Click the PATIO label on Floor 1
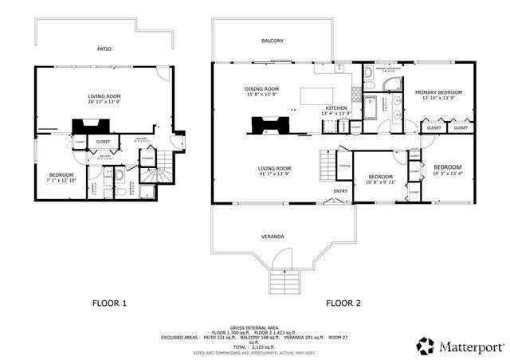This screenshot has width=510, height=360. tap(104, 49)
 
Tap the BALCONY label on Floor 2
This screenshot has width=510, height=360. tap(273, 41)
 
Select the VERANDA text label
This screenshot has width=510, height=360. tap(273, 237)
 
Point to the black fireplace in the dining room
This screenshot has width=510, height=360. tap(266, 124)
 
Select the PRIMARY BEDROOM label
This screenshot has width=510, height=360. tap(439, 93)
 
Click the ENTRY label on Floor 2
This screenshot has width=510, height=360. tap(340, 191)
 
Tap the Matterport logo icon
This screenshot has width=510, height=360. tap(426, 345)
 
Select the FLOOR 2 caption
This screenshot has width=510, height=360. tap(343, 303)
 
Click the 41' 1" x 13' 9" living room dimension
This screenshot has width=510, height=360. tap(273, 174)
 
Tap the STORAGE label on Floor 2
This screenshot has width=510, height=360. tap(343, 166)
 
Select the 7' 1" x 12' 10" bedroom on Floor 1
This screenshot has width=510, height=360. tap(61, 180)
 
